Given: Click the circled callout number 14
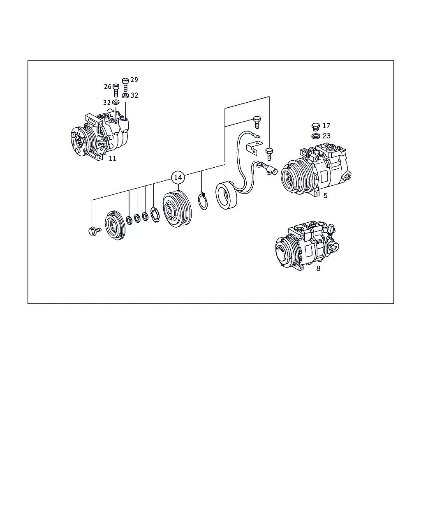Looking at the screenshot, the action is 178,178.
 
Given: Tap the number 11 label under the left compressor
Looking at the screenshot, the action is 113,158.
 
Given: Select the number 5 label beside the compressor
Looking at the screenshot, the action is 325,196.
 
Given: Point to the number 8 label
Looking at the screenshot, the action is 318,268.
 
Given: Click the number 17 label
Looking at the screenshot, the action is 326,126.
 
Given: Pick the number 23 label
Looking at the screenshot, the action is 326,136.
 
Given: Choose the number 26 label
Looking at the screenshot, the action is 108,87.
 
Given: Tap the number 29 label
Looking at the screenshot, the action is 134,80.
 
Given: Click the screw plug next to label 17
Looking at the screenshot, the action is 316,127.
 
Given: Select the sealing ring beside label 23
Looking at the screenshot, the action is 316,136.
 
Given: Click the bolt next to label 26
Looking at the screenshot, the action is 116,90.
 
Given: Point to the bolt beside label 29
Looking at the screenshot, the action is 125,85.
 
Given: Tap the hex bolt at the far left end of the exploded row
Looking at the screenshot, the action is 95,231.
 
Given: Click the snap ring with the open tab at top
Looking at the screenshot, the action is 203,201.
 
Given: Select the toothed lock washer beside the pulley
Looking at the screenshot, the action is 155,215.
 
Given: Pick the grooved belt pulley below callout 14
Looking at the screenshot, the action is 177,209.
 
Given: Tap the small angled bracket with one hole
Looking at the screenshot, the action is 254,148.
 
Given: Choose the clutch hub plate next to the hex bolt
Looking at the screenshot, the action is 115,225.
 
